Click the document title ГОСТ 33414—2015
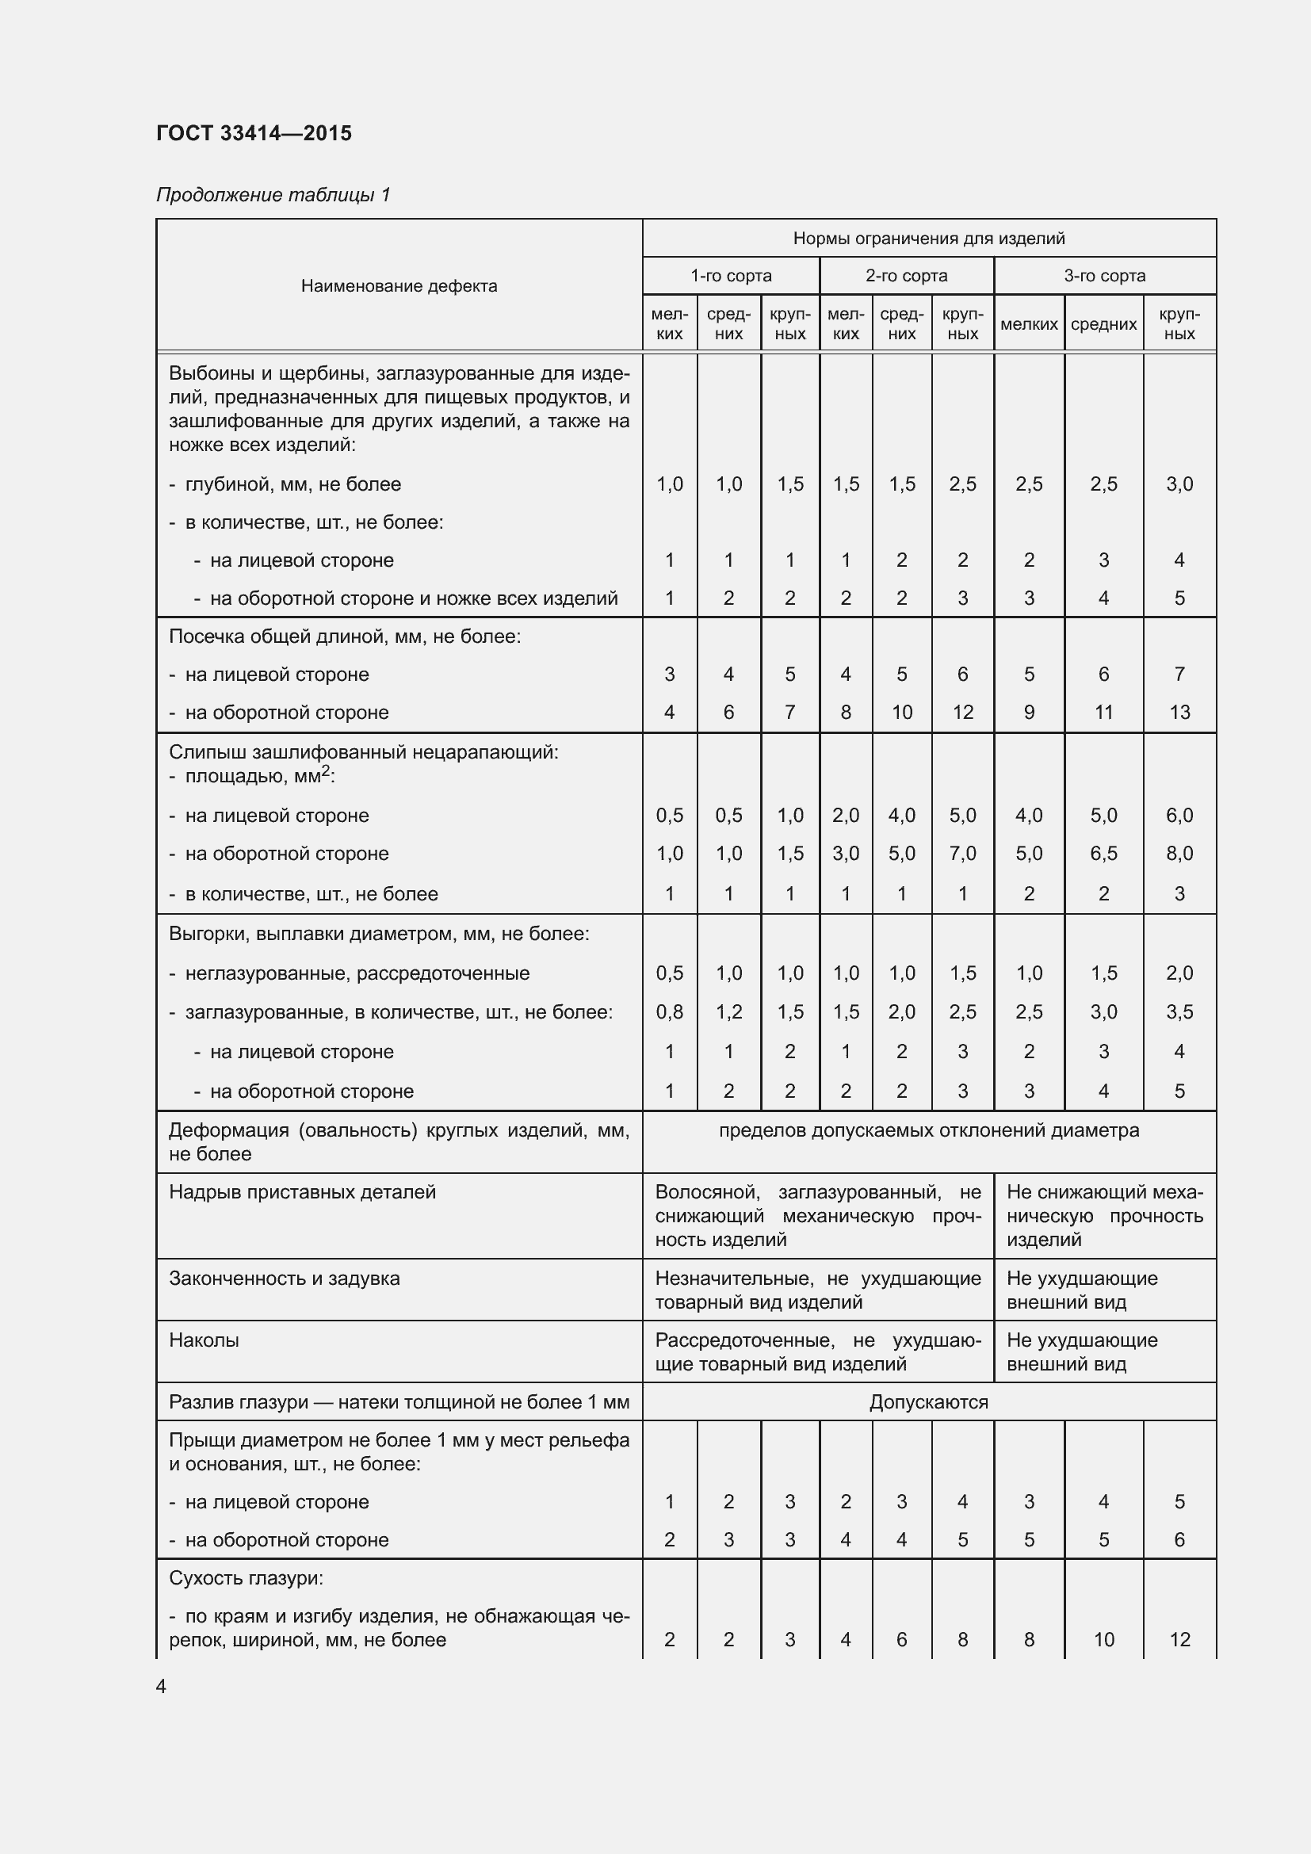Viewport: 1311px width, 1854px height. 254,133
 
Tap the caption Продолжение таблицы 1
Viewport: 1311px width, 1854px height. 273,195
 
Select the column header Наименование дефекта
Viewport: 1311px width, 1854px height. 399,286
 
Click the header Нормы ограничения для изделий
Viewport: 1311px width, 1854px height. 928,239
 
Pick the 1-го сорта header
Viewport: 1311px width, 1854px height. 731,275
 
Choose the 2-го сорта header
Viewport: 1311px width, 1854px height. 906,275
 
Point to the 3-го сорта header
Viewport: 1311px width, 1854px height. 1103,275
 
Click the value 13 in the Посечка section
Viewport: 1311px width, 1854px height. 1179,713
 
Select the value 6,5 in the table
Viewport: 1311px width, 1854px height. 1103,854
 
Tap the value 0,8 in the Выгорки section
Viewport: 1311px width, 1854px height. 669,1011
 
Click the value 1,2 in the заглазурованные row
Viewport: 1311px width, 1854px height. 728,1011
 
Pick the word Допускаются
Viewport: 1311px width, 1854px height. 928,1402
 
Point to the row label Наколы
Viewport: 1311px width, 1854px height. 204,1340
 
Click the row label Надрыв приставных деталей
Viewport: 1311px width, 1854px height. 302,1192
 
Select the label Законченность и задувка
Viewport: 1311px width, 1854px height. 285,1279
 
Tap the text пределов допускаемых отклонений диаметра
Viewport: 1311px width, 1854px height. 928,1130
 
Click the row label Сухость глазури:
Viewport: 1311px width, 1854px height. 246,1578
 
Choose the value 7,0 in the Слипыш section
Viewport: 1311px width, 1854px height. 962,854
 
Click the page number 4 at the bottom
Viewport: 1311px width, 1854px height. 161,1687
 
